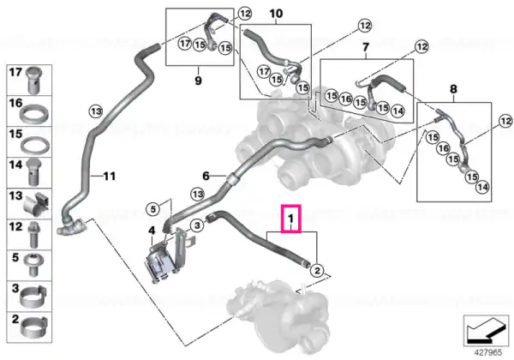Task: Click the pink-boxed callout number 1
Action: [x=290, y=218]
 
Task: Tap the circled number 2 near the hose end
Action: [x=317, y=271]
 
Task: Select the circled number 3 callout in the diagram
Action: [x=197, y=225]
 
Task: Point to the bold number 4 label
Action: [x=152, y=231]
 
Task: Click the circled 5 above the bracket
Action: [x=153, y=209]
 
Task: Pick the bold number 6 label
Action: [x=206, y=176]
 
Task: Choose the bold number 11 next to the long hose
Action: [x=110, y=177]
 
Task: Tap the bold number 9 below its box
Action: [x=198, y=81]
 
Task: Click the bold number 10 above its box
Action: [x=276, y=14]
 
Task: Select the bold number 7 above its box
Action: [x=366, y=47]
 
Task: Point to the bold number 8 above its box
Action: [x=453, y=89]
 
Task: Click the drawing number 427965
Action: [x=487, y=352]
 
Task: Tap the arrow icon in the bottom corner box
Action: [x=486, y=331]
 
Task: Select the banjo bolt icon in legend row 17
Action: [x=33, y=80]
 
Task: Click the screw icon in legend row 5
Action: [x=33, y=265]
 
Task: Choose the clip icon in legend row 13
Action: [x=37, y=204]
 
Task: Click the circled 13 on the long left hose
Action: [x=96, y=111]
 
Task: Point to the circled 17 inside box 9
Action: [x=185, y=43]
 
